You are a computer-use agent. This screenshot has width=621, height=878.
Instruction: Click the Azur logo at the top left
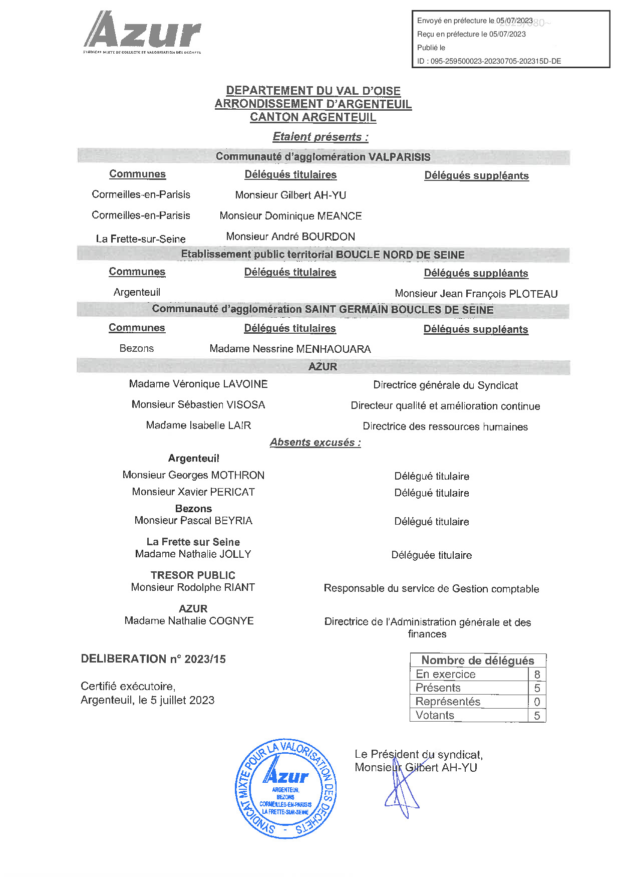pos(142,33)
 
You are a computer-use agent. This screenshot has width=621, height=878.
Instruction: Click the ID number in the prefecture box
pos(489,61)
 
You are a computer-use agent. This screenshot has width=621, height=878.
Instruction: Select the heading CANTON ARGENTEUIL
pos(313,117)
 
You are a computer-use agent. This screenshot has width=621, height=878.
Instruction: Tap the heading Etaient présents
pos(321,137)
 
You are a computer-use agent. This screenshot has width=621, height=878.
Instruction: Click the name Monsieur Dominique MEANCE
pos(290,216)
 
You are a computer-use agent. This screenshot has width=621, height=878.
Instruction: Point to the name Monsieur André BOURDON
pos(290,237)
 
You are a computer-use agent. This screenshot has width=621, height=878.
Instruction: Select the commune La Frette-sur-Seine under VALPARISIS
pos(141,239)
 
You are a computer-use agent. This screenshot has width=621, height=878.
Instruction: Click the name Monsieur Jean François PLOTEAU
pos(476,294)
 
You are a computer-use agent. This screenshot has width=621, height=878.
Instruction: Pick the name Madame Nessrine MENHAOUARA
pos(290,349)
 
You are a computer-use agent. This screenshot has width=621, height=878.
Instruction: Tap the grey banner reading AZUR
pos(323,367)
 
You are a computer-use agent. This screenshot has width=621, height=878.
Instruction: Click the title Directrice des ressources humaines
pos(445,426)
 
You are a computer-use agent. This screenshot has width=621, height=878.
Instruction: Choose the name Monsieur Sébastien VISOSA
pos(198,404)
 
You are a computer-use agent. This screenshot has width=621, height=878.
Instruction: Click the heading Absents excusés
pos(316,443)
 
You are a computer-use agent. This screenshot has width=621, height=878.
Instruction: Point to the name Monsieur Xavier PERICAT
pos(193,492)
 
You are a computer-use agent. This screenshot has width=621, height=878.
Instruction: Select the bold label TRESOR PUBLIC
pos(193,575)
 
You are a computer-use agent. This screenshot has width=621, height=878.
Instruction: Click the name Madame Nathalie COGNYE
pos(189,620)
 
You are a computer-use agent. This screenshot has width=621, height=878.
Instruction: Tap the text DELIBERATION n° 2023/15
pos(153,659)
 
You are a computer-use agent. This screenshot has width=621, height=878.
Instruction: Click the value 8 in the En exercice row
pos(537,675)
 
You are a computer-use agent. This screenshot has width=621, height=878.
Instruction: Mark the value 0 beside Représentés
pos(537,702)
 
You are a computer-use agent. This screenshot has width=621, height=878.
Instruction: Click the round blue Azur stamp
pos(285,788)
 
